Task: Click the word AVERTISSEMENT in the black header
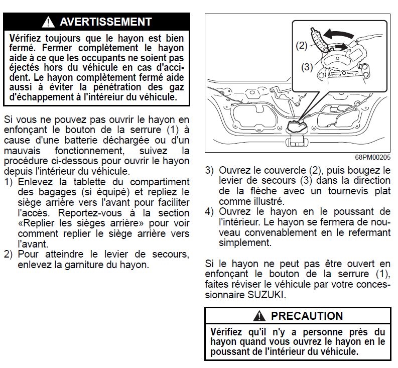[105, 22]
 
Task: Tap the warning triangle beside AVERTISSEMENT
[49, 22]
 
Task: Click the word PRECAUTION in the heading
[307, 316]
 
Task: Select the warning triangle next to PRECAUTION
[259, 316]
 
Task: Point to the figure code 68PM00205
[373, 157]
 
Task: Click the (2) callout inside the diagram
[301, 46]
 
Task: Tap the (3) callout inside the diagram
[307, 66]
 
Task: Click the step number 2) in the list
[9, 254]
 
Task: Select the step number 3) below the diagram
[210, 170]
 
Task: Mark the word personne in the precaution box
[329, 332]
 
